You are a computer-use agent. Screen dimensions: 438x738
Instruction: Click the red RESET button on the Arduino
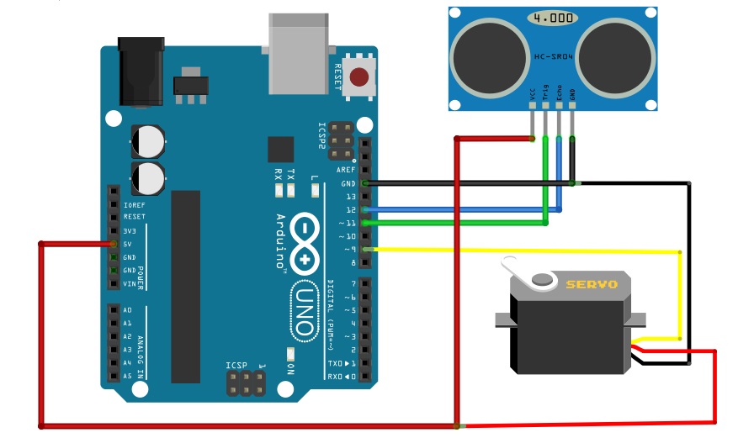click(x=360, y=77)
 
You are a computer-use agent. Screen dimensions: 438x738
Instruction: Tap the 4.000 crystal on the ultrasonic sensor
click(x=552, y=18)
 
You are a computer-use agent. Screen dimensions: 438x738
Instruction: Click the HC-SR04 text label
click(x=552, y=56)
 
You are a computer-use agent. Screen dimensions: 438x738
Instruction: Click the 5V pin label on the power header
click(x=129, y=244)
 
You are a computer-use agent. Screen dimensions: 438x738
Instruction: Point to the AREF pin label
click(x=346, y=169)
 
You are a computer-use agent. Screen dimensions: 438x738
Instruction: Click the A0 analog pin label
click(x=127, y=309)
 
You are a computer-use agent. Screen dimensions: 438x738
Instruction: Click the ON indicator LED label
click(x=291, y=369)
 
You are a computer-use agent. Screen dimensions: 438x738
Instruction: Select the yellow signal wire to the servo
click(x=522, y=251)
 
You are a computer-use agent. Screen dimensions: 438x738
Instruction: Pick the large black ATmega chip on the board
click(x=186, y=286)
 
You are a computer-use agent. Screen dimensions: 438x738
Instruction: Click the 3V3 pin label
click(x=130, y=230)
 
